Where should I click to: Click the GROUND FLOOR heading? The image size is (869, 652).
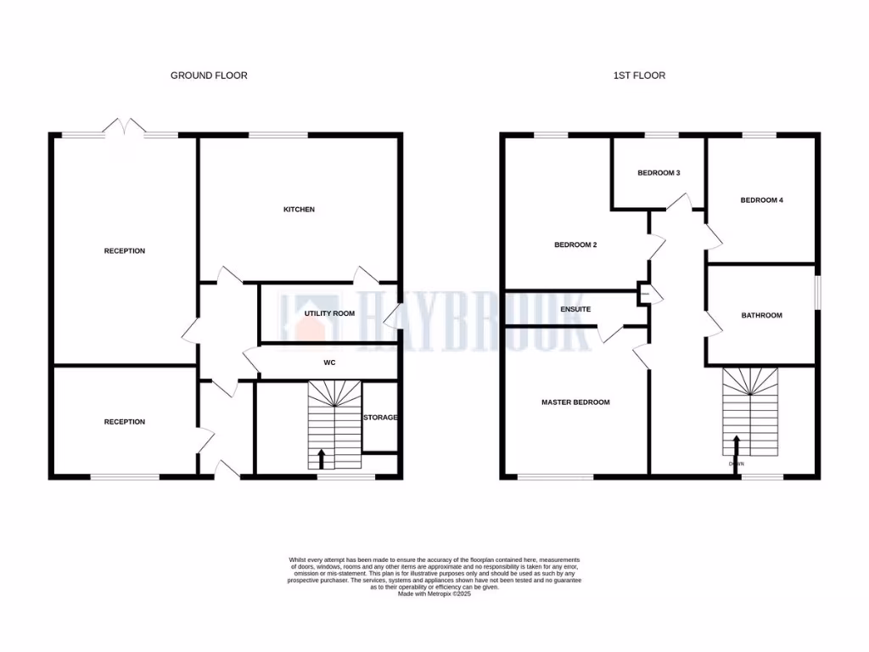209,76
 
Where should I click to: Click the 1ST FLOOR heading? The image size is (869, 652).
639,76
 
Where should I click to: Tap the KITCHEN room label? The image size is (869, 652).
299,209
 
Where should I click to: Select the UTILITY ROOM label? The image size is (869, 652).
329,313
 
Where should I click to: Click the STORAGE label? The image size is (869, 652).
381,418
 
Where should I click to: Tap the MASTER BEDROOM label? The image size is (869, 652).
575,402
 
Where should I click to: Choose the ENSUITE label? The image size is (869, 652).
575,309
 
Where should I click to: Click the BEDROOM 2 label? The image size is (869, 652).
575,245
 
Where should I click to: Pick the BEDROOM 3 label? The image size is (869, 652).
659,173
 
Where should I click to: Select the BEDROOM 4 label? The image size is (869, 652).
761,200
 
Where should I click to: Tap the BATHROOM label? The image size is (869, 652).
761,316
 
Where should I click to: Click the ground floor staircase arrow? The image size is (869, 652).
321,458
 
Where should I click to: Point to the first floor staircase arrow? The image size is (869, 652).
736,446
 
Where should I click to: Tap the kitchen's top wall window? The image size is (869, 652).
278,135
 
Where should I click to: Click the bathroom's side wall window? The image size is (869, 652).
818,294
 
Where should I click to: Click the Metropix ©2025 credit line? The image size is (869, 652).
434,593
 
